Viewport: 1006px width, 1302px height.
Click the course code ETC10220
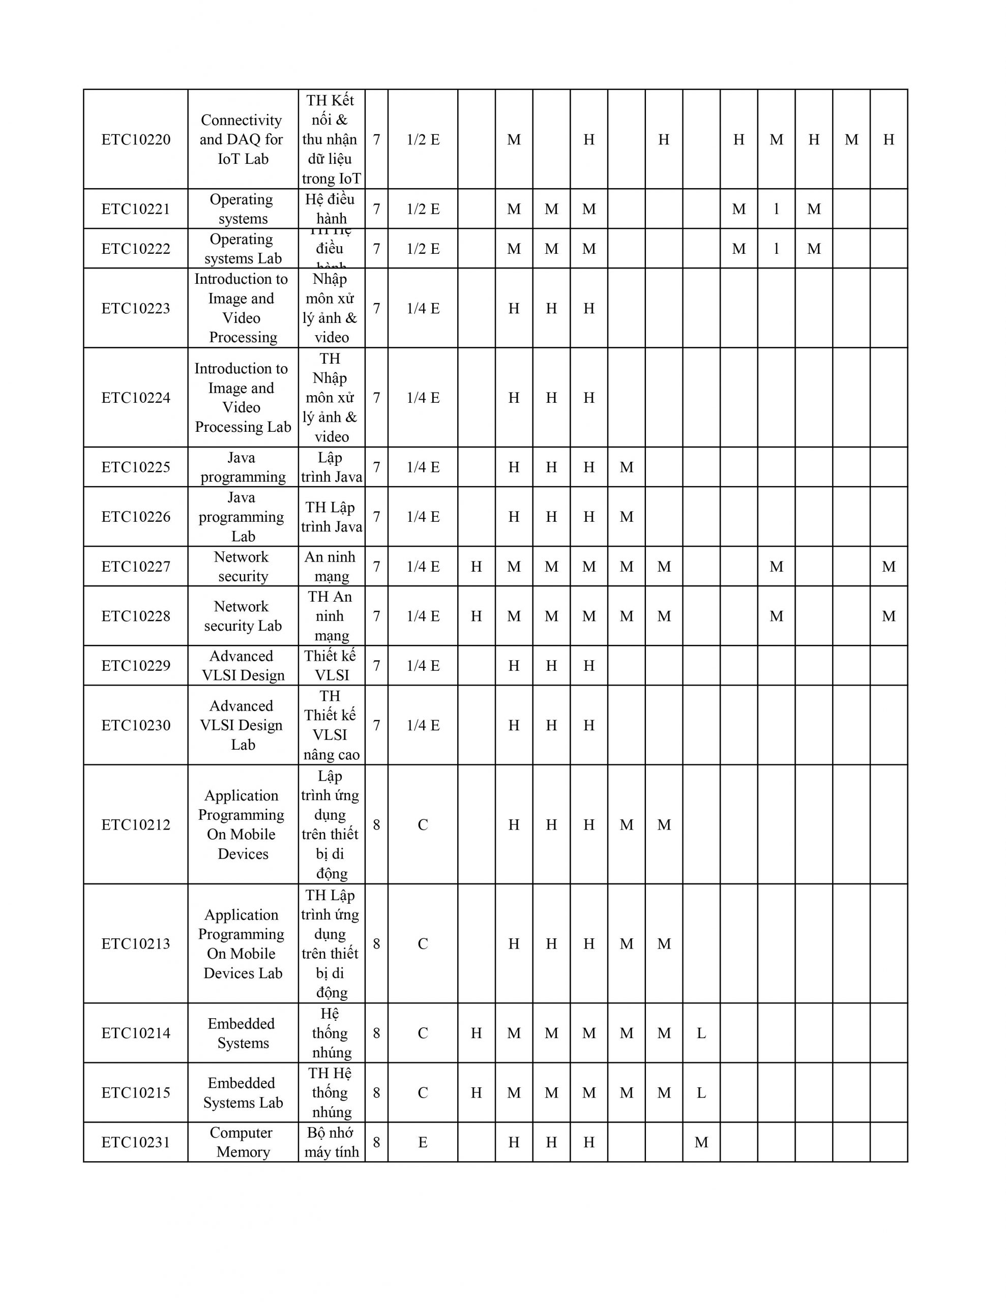(136, 139)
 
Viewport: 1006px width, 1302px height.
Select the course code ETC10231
(136, 1142)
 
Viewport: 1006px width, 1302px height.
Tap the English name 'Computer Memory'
(242, 1142)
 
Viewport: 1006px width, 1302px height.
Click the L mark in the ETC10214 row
(701, 1033)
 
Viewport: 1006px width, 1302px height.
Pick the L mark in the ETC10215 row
(701, 1093)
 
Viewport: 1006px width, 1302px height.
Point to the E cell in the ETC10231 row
(423, 1142)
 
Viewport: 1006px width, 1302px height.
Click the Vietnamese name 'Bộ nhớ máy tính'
(331, 1142)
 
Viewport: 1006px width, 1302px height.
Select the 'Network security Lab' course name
(242, 616)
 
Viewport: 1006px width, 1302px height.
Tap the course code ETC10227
(136, 567)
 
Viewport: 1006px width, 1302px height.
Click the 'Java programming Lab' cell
(242, 517)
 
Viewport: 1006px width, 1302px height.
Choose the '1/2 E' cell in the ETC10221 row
(423, 209)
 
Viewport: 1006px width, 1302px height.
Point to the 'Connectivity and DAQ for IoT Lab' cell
(242, 139)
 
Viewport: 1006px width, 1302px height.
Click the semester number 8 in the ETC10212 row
(376, 824)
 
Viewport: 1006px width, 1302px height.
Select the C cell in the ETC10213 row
(423, 944)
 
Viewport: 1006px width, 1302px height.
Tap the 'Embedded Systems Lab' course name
(242, 1093)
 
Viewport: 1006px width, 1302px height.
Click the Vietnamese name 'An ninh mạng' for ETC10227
(331, 567)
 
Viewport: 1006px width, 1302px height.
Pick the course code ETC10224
(136, 398)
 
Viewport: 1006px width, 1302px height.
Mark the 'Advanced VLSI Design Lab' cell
(242, 725)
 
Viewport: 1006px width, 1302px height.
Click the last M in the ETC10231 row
(701, 1142)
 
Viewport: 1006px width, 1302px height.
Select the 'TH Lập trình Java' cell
(331, 517)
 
